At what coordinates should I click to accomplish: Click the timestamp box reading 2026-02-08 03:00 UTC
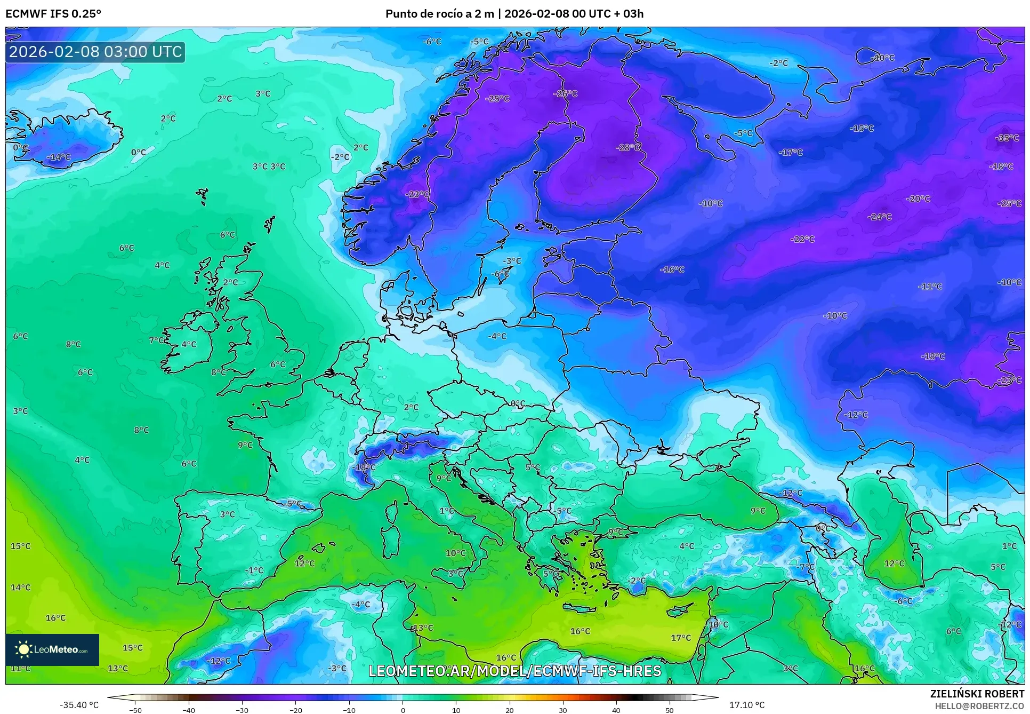(x=95, y=52)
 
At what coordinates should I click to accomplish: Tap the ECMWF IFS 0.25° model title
(x=53, y=14)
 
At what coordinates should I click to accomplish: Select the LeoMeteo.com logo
(x=52, y=649)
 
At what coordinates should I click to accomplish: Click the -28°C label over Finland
(x=628, y=147)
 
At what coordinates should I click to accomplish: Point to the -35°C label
(x=1007, y=138)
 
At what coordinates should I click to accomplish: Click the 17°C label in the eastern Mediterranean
(x=681, y=638)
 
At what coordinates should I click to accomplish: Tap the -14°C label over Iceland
(x=59, y=157)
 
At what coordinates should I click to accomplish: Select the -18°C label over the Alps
(x=364, y=467)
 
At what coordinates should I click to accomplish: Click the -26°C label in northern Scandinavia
(x=566, y=93)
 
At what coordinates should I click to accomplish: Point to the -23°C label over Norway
(x=417, y=194)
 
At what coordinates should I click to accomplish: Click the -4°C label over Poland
(x=497, y=336)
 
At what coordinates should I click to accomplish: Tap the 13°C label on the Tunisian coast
(x=424, y=628)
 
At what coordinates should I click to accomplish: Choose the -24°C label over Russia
(x=880, y=217)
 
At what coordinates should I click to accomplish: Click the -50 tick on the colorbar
(x=135, y=710)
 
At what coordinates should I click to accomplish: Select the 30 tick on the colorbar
(x=563, y=710)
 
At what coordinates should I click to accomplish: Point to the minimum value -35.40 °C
(x=79, y=705)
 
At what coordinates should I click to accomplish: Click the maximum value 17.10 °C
(x=747, y=705)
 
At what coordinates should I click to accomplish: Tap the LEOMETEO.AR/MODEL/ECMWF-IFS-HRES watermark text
(x=514, y=671)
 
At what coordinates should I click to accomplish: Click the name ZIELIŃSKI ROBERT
(x=977, y=694)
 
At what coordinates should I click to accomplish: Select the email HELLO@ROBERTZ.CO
(x=979, y=706)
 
